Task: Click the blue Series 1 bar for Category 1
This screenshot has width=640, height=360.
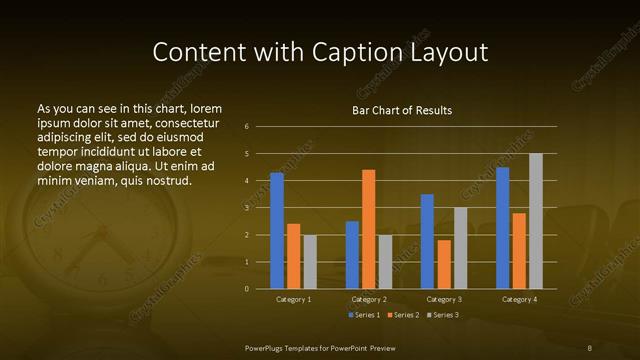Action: (x=277, y=231)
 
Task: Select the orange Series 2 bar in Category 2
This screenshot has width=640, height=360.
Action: (x=368, y=229)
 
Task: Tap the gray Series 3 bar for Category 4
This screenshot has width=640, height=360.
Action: (x=535, y=221)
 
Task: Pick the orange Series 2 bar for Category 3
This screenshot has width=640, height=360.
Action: (x=444, y=264)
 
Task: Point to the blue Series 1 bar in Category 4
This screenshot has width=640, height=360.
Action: (x=502, y=228)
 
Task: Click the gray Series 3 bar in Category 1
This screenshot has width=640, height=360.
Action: (x=310, y=262)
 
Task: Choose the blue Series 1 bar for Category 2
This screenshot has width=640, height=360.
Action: (x=352, y=255)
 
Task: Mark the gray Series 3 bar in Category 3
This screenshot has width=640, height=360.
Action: (x=460, y=248)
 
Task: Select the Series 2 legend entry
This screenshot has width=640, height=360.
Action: (x=402, y=315)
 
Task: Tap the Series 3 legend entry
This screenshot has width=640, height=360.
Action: (x=443, y=315)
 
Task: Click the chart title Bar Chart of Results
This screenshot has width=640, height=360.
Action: (x=402, y=110)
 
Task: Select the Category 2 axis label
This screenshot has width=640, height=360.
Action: (x=368, y=299)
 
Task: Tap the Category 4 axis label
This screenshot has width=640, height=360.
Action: (x=518, y=299)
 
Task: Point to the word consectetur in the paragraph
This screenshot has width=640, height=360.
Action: (x=187, y=123)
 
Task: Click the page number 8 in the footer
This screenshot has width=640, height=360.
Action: (x=589, y=347)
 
